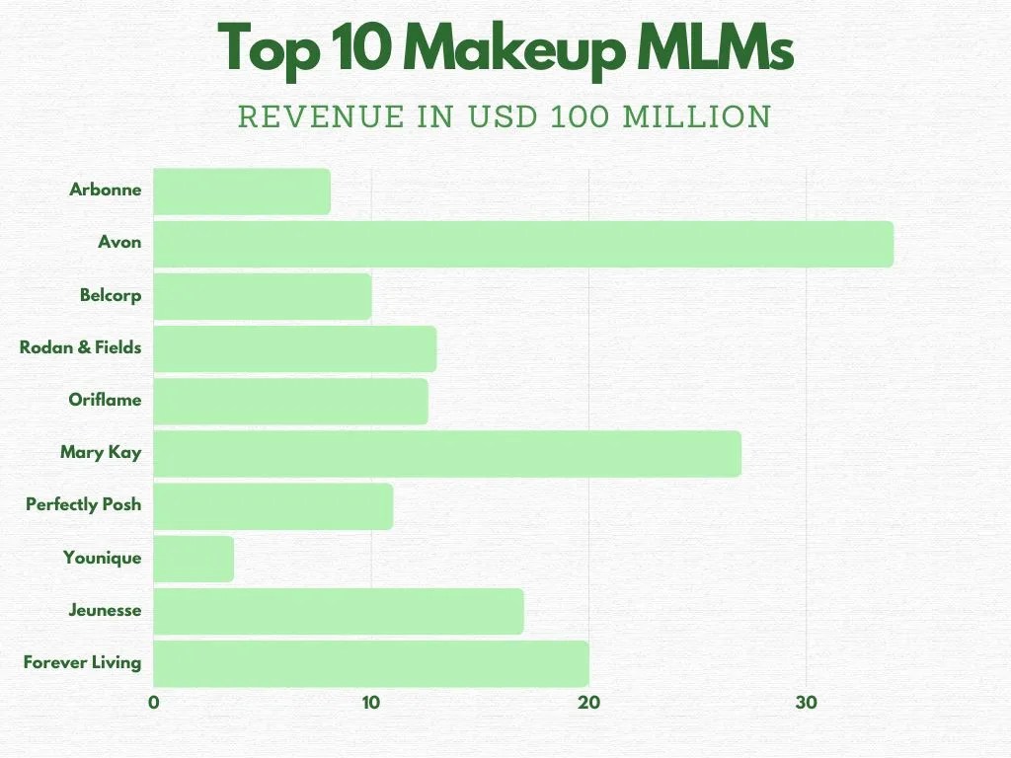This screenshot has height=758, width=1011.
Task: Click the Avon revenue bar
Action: pos(523,244)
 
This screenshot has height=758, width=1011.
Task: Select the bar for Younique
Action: pos(194,559)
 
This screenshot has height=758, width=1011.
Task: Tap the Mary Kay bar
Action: pos(447,454)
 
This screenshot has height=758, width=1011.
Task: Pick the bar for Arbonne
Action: pos(242,191)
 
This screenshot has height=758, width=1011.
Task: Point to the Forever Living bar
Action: pos(371,663)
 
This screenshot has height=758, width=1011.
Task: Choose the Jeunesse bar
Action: pos(339,611)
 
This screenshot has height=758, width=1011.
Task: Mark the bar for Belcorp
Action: pos(263,296)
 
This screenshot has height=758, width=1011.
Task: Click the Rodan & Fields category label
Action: pos(80,347)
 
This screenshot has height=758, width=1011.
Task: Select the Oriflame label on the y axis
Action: pos(105,400)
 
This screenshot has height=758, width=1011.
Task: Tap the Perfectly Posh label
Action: pos(83,504)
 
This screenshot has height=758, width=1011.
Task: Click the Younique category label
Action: pos(102,558)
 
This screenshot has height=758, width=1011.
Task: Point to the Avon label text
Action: pos(119,242)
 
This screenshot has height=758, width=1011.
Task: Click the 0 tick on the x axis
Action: pos(154,703)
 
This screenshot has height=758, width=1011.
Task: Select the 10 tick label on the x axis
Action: pos(371,703)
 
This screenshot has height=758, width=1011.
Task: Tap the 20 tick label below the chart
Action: pos(589,703)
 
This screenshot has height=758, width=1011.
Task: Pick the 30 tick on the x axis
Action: pos(807,703)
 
